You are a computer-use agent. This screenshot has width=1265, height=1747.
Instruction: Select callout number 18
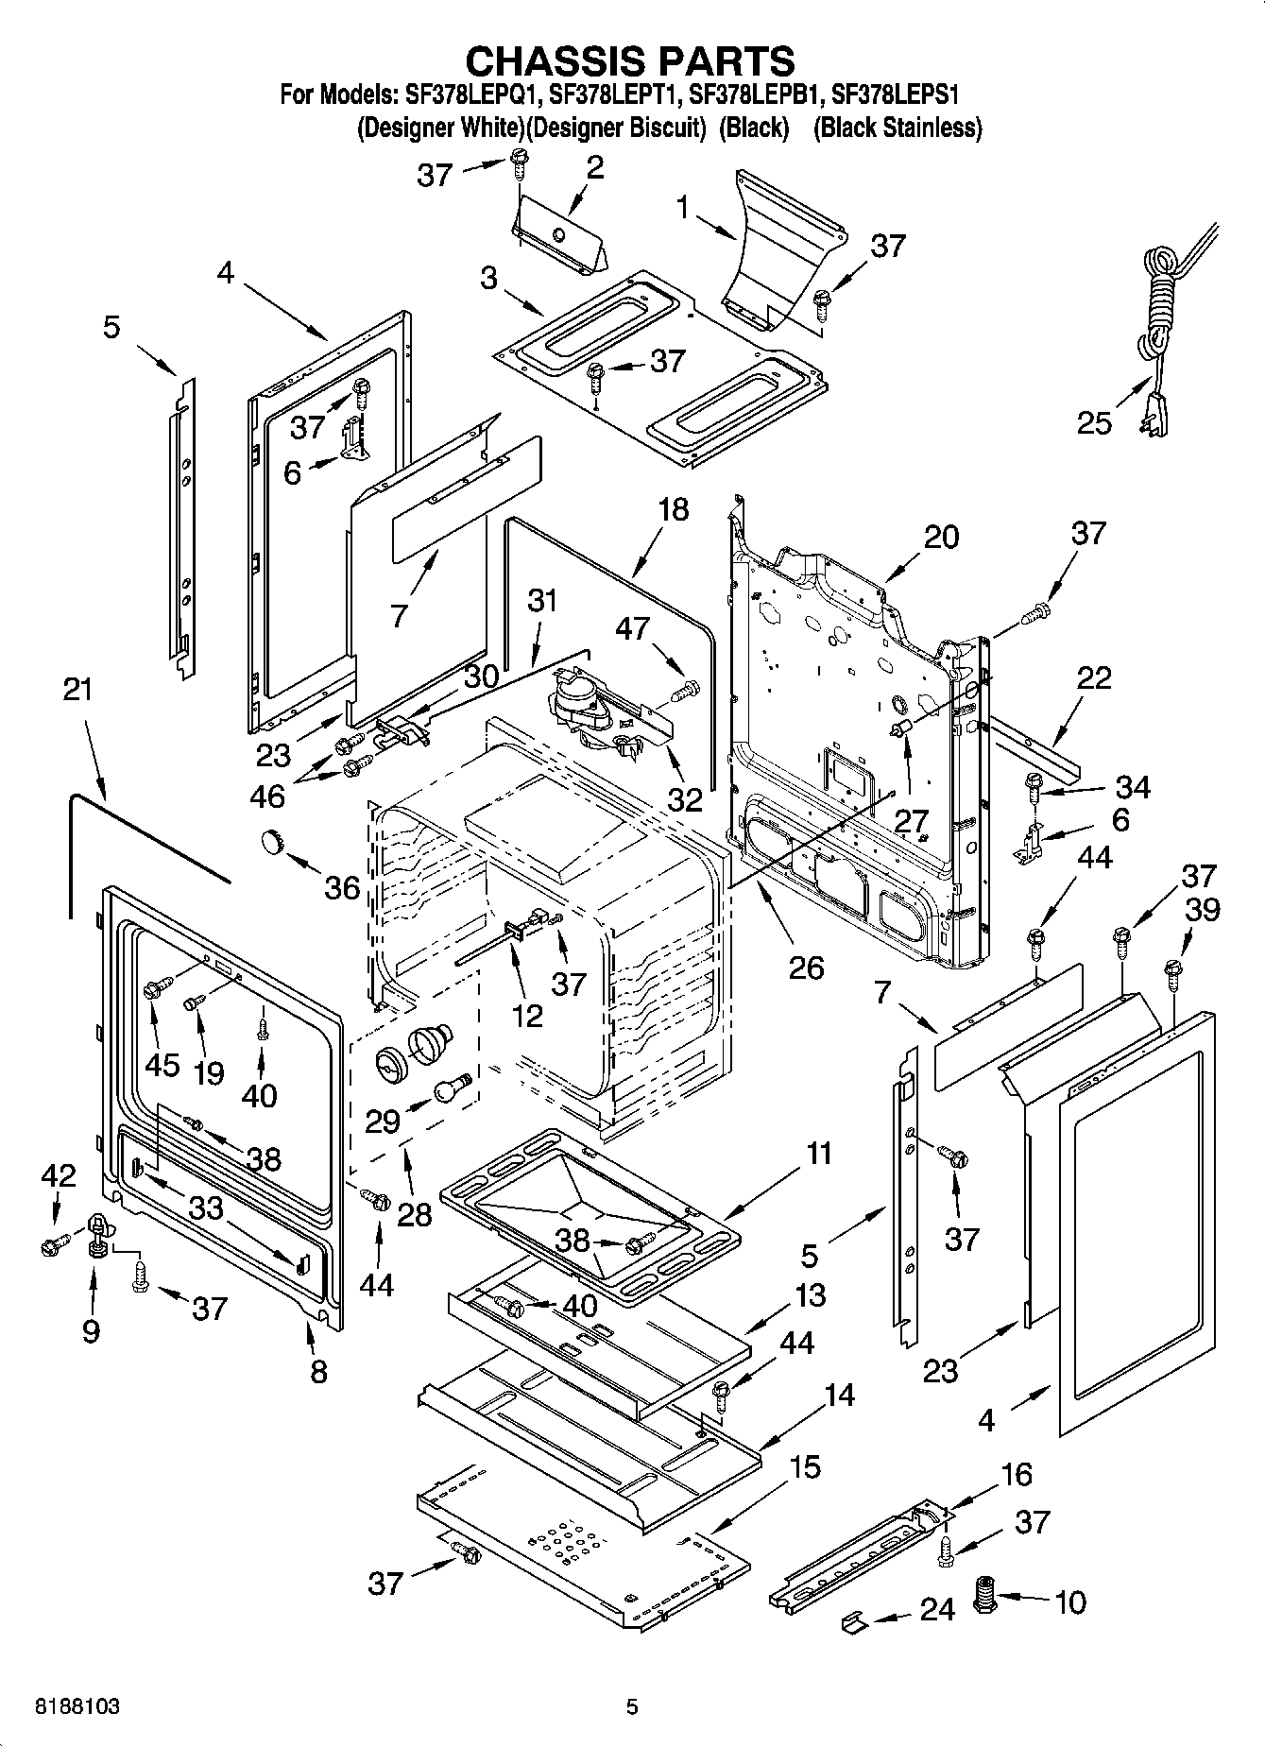pos(673,509)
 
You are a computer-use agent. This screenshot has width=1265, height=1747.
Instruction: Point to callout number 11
pos(818,1154)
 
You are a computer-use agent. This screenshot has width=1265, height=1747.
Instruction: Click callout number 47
pos(633,627)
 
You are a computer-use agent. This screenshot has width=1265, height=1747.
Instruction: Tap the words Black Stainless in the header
pos(897,128)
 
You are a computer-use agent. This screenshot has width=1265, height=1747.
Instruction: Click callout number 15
pos(805,1466)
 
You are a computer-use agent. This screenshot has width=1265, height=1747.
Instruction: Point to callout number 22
pos(1093,677)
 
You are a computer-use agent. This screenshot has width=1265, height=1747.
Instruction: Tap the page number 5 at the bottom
pos(632,1707)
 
